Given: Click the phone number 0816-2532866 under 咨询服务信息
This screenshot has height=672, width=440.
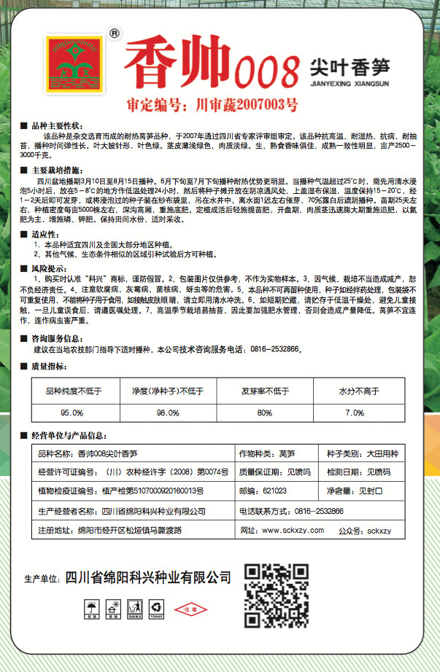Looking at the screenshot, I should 274,350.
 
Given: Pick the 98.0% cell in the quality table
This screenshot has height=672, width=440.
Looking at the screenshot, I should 168,413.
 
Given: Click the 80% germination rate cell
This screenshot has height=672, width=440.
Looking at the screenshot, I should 264,413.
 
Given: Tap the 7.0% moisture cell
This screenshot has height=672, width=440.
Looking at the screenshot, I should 354,413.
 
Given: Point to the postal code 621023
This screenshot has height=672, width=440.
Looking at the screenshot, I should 274,491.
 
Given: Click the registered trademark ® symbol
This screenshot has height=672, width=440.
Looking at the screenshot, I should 112,33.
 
